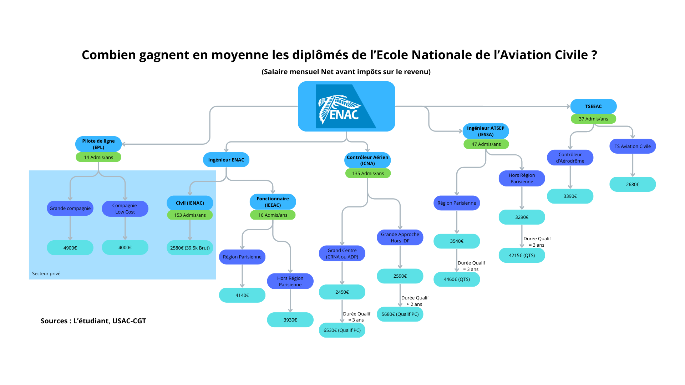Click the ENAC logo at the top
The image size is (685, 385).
pyautogui.click(x=346, y=106)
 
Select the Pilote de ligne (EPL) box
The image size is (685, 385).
pyautogui.click(x=98, y=144)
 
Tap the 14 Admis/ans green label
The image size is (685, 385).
pyautogui.click(x=98, y=157)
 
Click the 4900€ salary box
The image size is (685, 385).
pyautogui.click(x=70, y=248)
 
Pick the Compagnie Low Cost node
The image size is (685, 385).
pyautogui.click(x=125, y=209)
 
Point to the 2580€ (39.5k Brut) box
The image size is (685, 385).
pyautogui.click(x=190, y=248)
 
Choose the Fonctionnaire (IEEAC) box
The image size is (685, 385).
pyautogui.click(x=273, y=202)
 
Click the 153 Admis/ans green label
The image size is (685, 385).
pyautogui.click(x=190, y=215)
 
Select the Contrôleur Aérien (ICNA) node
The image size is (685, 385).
pyautogui.click(x=367, y=160)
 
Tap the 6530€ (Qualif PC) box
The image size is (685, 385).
pyautogui.click(x=342, y=330)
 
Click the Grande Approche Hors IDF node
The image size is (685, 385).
pyautogui.click(x=400, y=237)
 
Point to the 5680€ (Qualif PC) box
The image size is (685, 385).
pyautogui.click(x=400, y=314)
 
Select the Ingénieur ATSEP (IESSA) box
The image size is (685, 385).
pyautogui.click(x=486, y=131)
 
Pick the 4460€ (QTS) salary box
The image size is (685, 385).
pyautogui.click(x=457, y=279)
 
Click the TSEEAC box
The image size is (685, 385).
pyautogui.click(x=593, y=106)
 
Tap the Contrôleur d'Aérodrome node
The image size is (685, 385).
pyautogui.click(x=570, y=158)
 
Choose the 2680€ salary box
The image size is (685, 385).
pyautogui.click(x=633, y=184)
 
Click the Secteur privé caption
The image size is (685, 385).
pyautogui.click(x=46, y=273)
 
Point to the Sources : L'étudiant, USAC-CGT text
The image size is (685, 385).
pyautogui.click(x=93, y=321)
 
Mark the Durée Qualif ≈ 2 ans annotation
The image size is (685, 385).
pyautogui.click(x=415, y=301)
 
